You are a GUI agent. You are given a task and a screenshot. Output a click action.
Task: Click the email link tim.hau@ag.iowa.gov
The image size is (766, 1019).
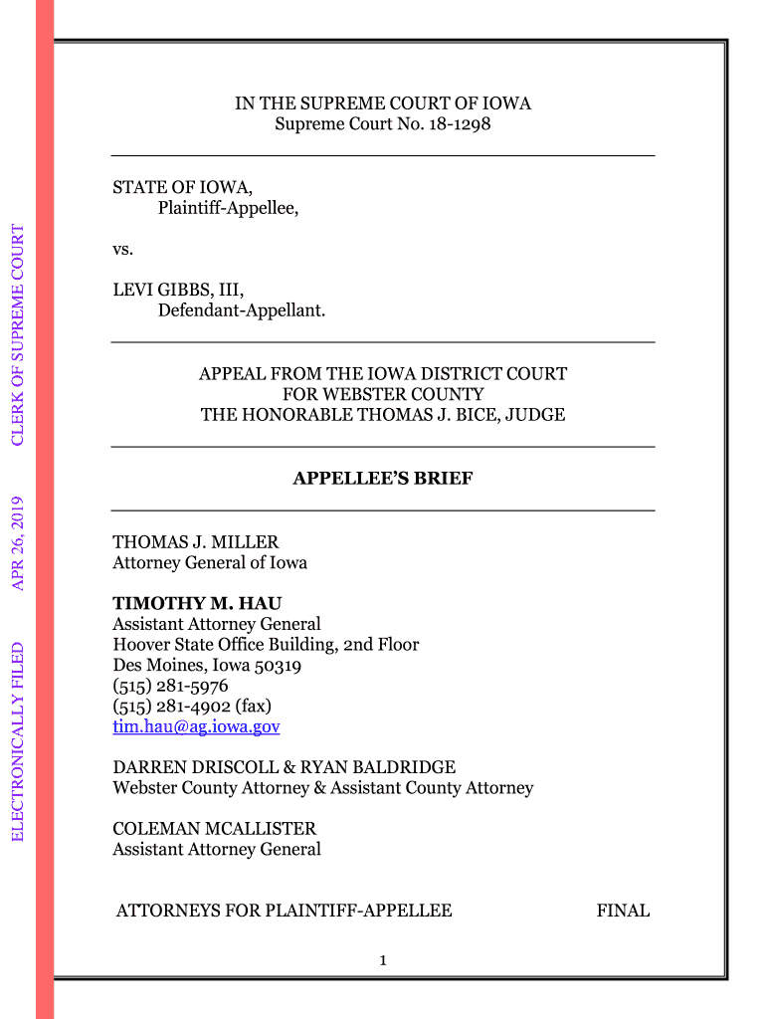pos(196,727)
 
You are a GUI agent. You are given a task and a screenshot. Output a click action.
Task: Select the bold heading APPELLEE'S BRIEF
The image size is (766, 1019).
pos(382,479)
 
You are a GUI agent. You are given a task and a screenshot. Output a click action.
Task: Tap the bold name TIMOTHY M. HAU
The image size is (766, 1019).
pos(197,603)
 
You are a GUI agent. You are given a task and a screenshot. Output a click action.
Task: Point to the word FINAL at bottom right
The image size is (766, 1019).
pos(623,911)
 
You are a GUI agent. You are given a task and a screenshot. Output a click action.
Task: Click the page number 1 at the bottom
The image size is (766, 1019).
pos(383,960)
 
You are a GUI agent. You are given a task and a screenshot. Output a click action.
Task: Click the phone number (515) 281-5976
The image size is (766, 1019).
pos(170,686)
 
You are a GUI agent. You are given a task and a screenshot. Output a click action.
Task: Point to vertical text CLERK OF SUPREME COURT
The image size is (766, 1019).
pos(18,334)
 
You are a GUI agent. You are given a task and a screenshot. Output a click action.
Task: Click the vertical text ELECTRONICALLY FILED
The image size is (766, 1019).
pos(18,741)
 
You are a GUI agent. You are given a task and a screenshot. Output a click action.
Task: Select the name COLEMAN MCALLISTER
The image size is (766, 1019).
pos(214,829)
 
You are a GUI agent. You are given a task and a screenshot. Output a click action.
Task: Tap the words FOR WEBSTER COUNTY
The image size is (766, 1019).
pos(382,395)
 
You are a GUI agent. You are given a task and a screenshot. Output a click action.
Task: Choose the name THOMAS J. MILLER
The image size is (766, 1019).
pos(195,542)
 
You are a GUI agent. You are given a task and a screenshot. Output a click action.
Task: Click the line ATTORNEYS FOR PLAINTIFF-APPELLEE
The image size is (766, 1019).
pos(284,911)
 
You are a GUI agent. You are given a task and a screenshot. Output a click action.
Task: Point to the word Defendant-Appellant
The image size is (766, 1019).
pos(241,311)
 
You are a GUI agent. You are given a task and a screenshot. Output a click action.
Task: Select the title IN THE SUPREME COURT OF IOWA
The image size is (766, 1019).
pos(382,104)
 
